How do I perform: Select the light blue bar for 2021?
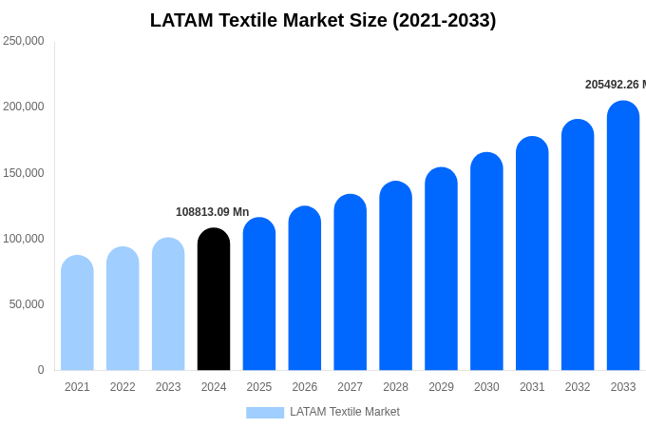(77, 313)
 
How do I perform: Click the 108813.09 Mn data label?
(212, 212)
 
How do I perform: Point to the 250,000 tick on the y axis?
(24, 41)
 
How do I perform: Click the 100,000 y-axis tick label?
(24, 239)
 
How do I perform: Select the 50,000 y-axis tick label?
(27, 304)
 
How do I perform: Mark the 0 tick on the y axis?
(40, 370)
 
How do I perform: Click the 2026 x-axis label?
(305, 387)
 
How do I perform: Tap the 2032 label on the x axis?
(578, 387)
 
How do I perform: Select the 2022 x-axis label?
(123, 387)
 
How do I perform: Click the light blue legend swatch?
(265, 412)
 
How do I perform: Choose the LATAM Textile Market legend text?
(345, 412)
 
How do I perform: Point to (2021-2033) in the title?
(445, 20)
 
